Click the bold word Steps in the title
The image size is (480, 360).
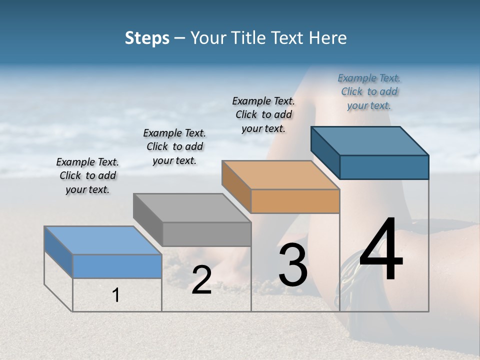pyautogui.click(x=147, y=38)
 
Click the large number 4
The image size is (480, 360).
pyautogui.click(x=381, y=251)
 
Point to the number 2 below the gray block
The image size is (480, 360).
pyautogui.click(x=201, y=280)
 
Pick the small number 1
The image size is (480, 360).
pyautogui.click(x=116, y=295)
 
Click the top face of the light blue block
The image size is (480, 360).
pyautogui.click(x=103, y=240)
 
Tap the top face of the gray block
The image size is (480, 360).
pyautogui.click(x=192, y=207)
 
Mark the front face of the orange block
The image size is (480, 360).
pyautogui.click(x=295, y=201)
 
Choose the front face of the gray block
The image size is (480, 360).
pyautogui.click(x=206, y=234)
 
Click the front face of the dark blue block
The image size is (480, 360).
pyautogui.click(x=384, y=167)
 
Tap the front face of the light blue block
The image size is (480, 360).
pyautogui.click(x=117, y=266)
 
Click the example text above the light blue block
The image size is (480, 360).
pyautogui.click(x=87, y=175)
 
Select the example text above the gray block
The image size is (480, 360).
pyautogui.click(x=174, y=146)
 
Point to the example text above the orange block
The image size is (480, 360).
pyautogui.click(x=263, y=114)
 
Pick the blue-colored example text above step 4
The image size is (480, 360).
pyautogui.click(x=369, y=91)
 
